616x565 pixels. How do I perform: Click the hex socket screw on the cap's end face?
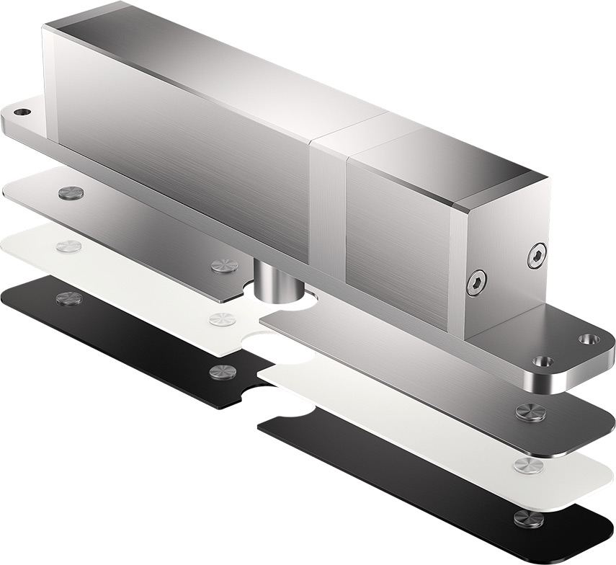tap(537, 255)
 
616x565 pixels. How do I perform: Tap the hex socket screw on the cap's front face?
tap(476, 283)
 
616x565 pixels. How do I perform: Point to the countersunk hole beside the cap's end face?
tap(589, 338)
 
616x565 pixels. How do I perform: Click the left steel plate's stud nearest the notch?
tap(224, 265)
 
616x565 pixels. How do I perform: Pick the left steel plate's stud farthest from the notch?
tap(71, 193)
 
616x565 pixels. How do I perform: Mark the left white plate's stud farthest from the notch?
tap(68, 246)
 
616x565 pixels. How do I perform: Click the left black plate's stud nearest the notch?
tap(221, 372)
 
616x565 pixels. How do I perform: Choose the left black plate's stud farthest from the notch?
tap(69, 298)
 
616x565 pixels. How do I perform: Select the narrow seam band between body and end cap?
tap(328, 209)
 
